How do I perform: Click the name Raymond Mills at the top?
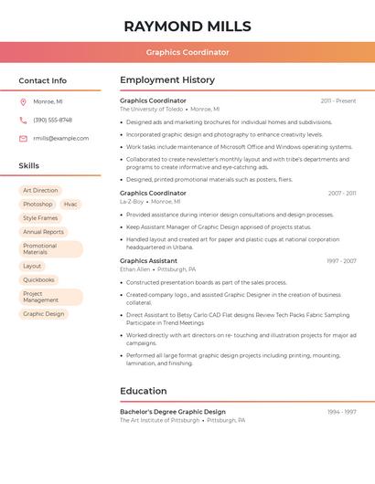[187, 26]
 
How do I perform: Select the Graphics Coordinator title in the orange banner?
[187, 52]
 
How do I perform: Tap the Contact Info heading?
[42, 80]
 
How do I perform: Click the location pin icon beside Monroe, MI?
[23, 101]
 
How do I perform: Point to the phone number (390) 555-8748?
[52, 120]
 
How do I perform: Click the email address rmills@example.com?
[61, 138]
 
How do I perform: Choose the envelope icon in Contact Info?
[23, 138]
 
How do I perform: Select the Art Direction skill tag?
[40, 190]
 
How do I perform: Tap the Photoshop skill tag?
[37, 204]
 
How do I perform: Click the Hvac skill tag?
[70, 204]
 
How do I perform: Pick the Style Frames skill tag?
[40, 218]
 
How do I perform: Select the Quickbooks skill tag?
[39, 279]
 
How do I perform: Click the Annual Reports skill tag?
[43, 232]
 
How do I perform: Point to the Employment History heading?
[167, 80]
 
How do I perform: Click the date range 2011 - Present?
[338, 100]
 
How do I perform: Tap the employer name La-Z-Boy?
[132, 201]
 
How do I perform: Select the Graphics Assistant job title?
[149, 261]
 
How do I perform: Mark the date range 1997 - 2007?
[341, 261]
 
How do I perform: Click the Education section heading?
[144, 391]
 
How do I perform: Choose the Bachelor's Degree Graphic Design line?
[173, 412]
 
